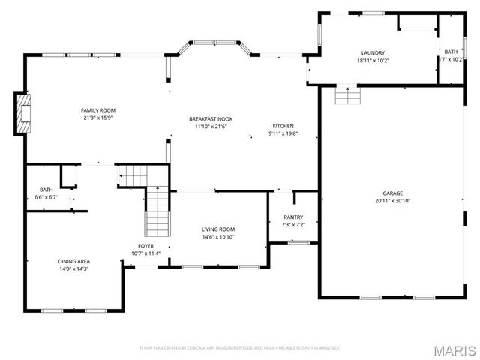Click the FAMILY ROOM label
tap(97, 109)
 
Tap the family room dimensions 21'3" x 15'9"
tap(97, 118)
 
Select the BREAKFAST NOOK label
tap(210, 118)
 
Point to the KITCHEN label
tap(283, 126)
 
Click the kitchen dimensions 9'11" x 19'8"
tap(283, 133)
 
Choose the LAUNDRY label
tap(372, 52)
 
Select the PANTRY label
tap(292, 217)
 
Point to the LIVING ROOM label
tap(218, 229)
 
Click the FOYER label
tap(145, 246)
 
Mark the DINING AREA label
tap(73, 261)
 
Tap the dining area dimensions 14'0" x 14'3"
tap(73, 268)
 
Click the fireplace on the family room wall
tap(24, 112)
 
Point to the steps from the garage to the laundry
tap(347, 95)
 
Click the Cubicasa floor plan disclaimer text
tap(240, 348)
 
